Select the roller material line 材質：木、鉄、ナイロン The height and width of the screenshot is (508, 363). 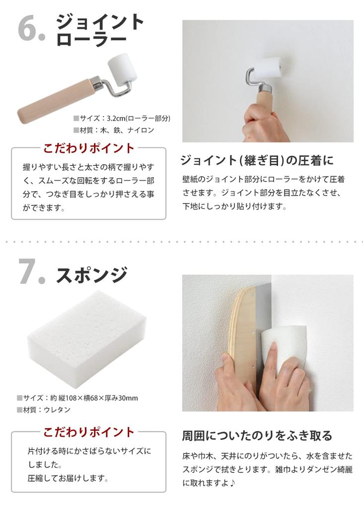coord(114,130)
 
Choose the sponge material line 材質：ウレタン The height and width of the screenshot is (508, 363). coord(44,410)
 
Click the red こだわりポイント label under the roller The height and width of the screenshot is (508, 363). coord(89,148)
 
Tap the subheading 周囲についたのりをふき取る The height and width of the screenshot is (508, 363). coord(257,436)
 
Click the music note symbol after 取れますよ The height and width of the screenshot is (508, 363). coord(233,482)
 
